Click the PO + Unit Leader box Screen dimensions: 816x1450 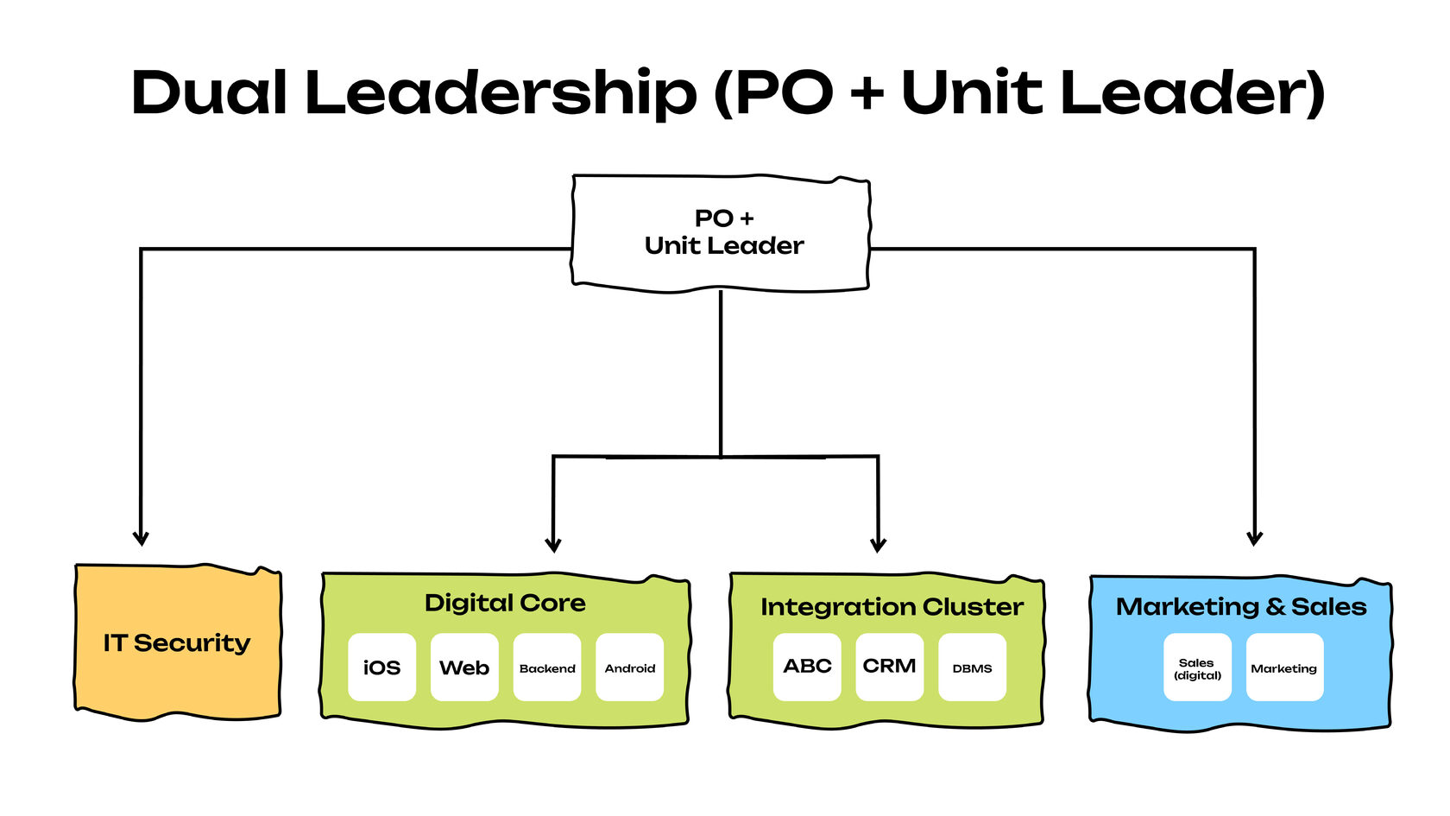(x=722, y=232)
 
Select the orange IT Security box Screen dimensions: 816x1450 (x=178, y=642)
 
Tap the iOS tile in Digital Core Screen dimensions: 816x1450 (x=381, y=667)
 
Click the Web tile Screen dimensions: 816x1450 (x=464, y=667)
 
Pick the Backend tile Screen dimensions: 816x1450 (x=547, y=667)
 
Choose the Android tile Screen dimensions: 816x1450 (x=630, y=667)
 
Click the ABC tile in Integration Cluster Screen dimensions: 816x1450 (x=807, y=667)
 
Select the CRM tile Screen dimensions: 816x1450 (x=889, y=667)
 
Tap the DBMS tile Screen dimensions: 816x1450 (x=972, y=667)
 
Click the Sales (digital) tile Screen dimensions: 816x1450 (x=1197, y=668)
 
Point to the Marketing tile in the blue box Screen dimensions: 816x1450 (x=1284, y=667)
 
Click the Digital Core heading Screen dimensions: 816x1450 (x=505, y=603)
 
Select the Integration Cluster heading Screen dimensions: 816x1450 (x=892, y=607)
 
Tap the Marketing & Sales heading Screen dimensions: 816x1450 (x=1241, y=607)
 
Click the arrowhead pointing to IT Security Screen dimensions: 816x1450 (x=141, y=539)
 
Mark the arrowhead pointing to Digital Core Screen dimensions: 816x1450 (x=553, y=545)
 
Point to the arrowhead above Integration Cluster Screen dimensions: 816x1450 (x=878, y=545)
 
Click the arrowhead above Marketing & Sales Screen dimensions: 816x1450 (x=1254, y=539)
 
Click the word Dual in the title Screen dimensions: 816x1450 (x=209, y=92)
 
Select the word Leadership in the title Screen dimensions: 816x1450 (x=501, y=92)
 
